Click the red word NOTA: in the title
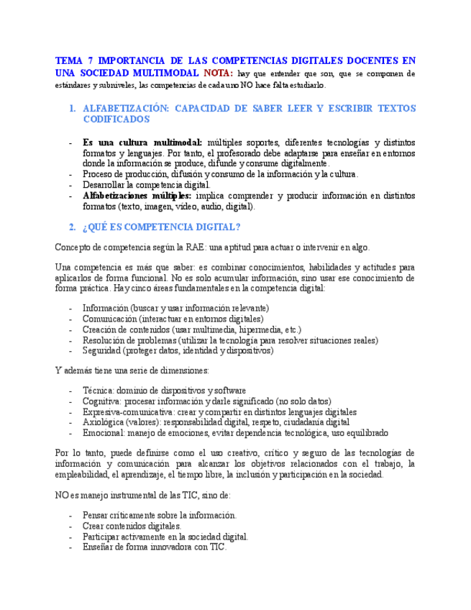218,73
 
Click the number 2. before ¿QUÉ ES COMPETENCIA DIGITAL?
72,227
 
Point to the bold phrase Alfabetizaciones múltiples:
137,196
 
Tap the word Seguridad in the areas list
101,351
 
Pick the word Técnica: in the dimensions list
98,391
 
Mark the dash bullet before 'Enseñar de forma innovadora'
70,547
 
